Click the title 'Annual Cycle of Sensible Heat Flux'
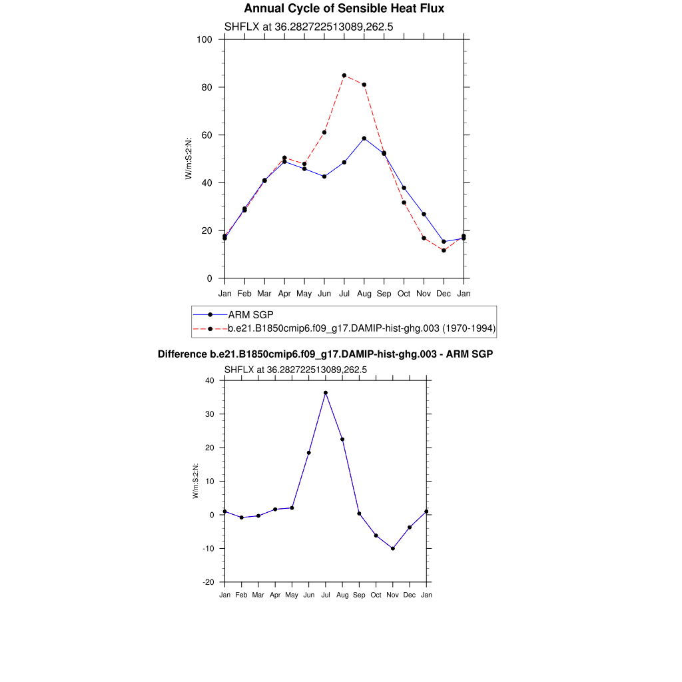click(344, 9)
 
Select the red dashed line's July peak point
click(344, 75)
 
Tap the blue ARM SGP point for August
click(364, 139)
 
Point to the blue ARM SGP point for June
click(324, 176)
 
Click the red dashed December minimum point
click(444, 250)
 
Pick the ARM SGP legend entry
click(250, 314)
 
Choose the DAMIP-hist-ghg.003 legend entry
click(362, 328)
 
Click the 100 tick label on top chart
click(204, 39)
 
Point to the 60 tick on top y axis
click(206, 135)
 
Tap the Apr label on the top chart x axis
click(284, 293)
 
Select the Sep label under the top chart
click(384, 293)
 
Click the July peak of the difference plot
click(326, 393)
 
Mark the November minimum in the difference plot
click(393, 548)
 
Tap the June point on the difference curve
click(308, 453)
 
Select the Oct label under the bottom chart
click(376, 595)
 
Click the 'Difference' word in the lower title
click(178, 354)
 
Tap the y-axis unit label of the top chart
click(188, 158)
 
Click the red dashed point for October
click(404, 202)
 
